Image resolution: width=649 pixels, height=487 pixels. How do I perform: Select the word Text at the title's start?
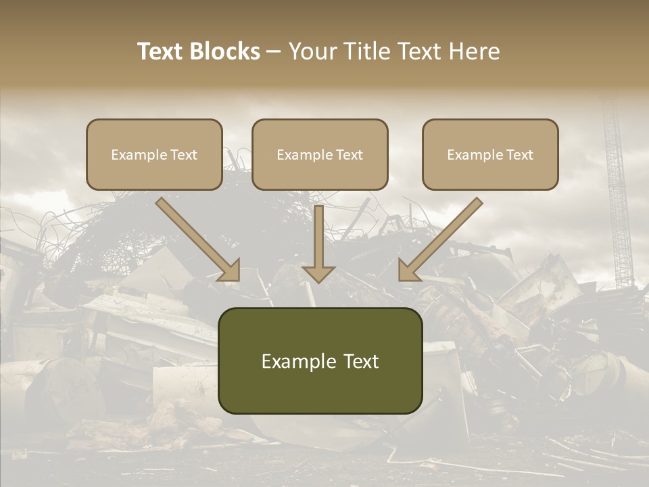pyautogui.click(x=160, y=51)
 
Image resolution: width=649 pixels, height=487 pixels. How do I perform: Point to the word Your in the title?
pyautogui.click(x=312, y=51)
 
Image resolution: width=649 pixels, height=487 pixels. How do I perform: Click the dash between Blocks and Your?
pyautogui.click(x=274, y=52)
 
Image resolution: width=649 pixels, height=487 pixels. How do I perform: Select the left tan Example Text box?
pyautogui.click(x=154, y=154)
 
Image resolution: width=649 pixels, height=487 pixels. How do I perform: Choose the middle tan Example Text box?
pyautogui.click(x=320, y=154)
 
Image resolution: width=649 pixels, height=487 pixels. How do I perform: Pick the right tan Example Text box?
pyautogui.click(x=490, y=154)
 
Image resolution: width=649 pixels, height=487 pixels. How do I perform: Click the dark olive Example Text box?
pyautogui.click(x=320, y=361)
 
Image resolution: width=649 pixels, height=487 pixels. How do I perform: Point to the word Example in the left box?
pyautogui.click(x=135, y=155)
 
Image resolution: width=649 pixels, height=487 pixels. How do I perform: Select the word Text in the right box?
pyautogui.click(x=519, y=155)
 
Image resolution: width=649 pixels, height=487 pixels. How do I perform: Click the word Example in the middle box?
pyautogui.click(x=301, y=155)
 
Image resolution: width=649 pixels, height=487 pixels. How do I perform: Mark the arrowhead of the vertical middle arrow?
pyautogui.click(x=318, y=273)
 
